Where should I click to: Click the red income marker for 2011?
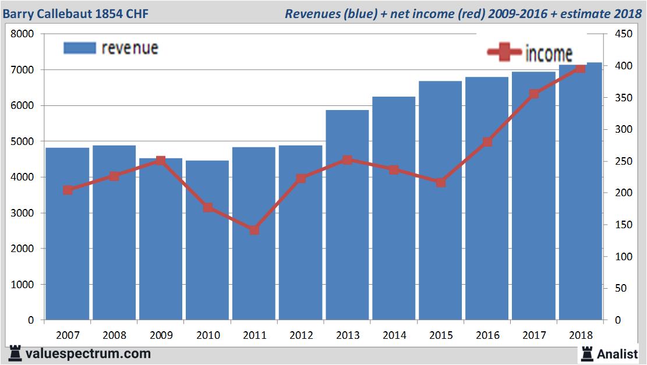point(254,230)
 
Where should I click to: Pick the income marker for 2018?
point(580,69)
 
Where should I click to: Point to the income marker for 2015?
point(441,182)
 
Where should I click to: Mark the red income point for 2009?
point(161,160)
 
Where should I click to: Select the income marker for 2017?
point(534,94)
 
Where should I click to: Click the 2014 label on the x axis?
point(394,335)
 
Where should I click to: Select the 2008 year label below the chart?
point(114,335)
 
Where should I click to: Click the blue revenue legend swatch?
point(79,48)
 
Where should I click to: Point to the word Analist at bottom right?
point(618,353)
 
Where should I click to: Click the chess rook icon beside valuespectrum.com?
point(15,353)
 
